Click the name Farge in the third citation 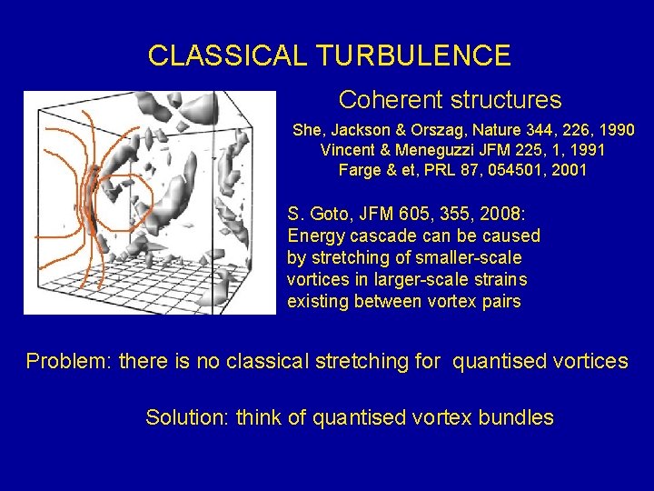[x=359, y=170]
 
